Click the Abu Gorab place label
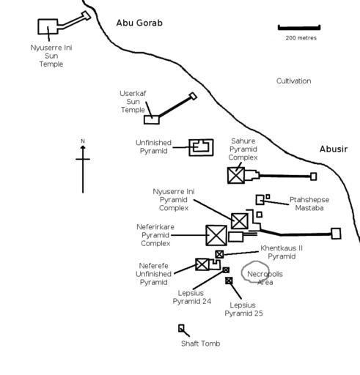139,23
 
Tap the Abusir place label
334,149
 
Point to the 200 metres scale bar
299,28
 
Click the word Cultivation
293,81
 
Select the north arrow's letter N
83,141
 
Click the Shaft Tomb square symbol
181,328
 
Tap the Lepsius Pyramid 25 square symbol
229,281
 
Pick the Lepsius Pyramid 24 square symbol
226,270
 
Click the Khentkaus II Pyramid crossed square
219,254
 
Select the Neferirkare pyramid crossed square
216,235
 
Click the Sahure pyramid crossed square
236,175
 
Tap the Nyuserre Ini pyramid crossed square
240,221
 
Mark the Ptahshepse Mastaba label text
309,204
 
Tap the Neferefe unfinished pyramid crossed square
202,264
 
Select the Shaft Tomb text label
201,344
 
